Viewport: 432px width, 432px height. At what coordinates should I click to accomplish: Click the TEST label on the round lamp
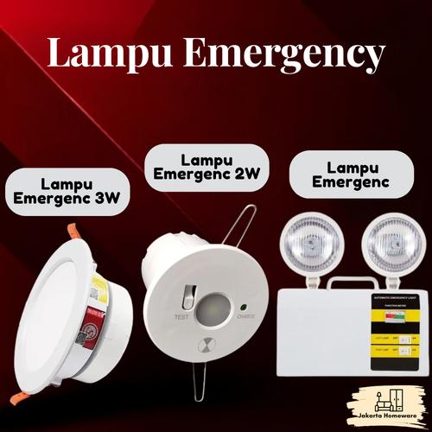pos(181,318)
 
